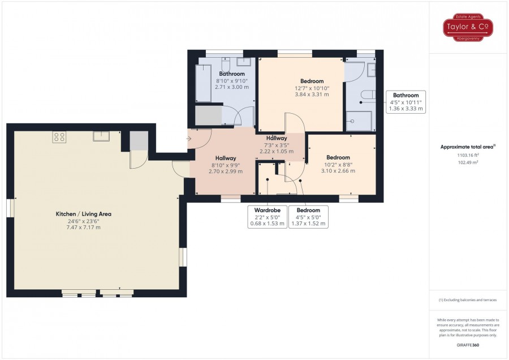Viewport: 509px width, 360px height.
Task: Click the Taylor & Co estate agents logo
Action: tap(468, 27)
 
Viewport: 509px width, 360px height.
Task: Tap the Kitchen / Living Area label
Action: tap(84, 214)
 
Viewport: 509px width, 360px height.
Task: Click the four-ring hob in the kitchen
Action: tap(59, 137)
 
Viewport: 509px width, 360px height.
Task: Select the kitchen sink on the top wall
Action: tap(101, 136)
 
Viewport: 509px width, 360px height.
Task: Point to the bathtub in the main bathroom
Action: tap(204, 83)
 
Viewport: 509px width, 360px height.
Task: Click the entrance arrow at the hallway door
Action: tap(188, 139)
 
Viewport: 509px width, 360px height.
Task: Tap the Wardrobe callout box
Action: tap(267, 217)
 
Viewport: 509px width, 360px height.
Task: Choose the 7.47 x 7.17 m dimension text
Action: tap(84, 228)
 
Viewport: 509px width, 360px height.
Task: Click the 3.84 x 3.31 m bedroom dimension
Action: tap(312, 95)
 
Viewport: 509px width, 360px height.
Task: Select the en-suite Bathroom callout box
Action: tap(406, 102)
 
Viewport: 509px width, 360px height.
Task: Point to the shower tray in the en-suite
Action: tap(359, 121)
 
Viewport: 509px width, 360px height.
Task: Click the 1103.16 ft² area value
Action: tap(468, 155)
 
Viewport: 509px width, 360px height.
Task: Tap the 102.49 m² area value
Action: tap(468, 162)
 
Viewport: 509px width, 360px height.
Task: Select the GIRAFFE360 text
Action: tap(468, 345)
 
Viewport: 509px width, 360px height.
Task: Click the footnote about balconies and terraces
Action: tap(468, 300)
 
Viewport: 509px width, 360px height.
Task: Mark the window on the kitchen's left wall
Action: tap(10, 208)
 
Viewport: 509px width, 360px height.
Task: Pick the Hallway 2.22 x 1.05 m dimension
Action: tap(277, 151)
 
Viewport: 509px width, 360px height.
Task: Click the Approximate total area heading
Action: tap(468, 147)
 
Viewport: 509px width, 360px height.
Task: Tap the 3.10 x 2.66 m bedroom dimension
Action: tap(338, 171)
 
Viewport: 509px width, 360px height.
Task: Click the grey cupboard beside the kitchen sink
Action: tap(139, 141)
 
